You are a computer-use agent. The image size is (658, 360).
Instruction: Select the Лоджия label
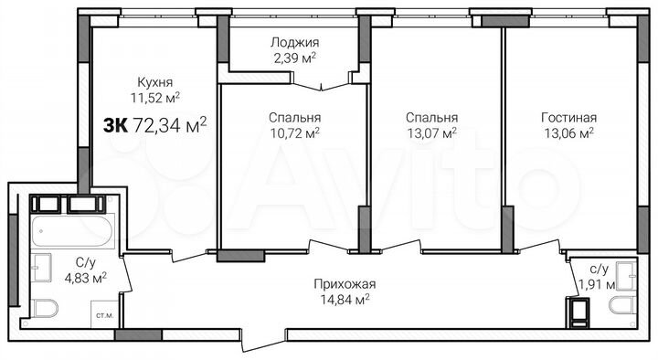pyautogui.click(x=294, y=42)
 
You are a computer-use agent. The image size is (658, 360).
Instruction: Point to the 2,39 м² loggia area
pyautogui.click(x=294, y=57)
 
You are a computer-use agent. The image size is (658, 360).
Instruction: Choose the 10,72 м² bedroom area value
pyautogui.click(x=294, y=132)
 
